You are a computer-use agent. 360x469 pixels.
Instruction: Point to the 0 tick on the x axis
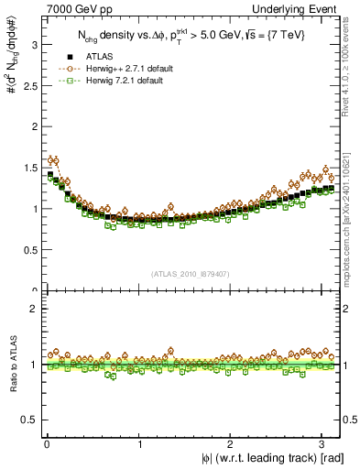click(x=47, y=444)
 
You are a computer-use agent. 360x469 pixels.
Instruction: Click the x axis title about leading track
click(x=261, y=458)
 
